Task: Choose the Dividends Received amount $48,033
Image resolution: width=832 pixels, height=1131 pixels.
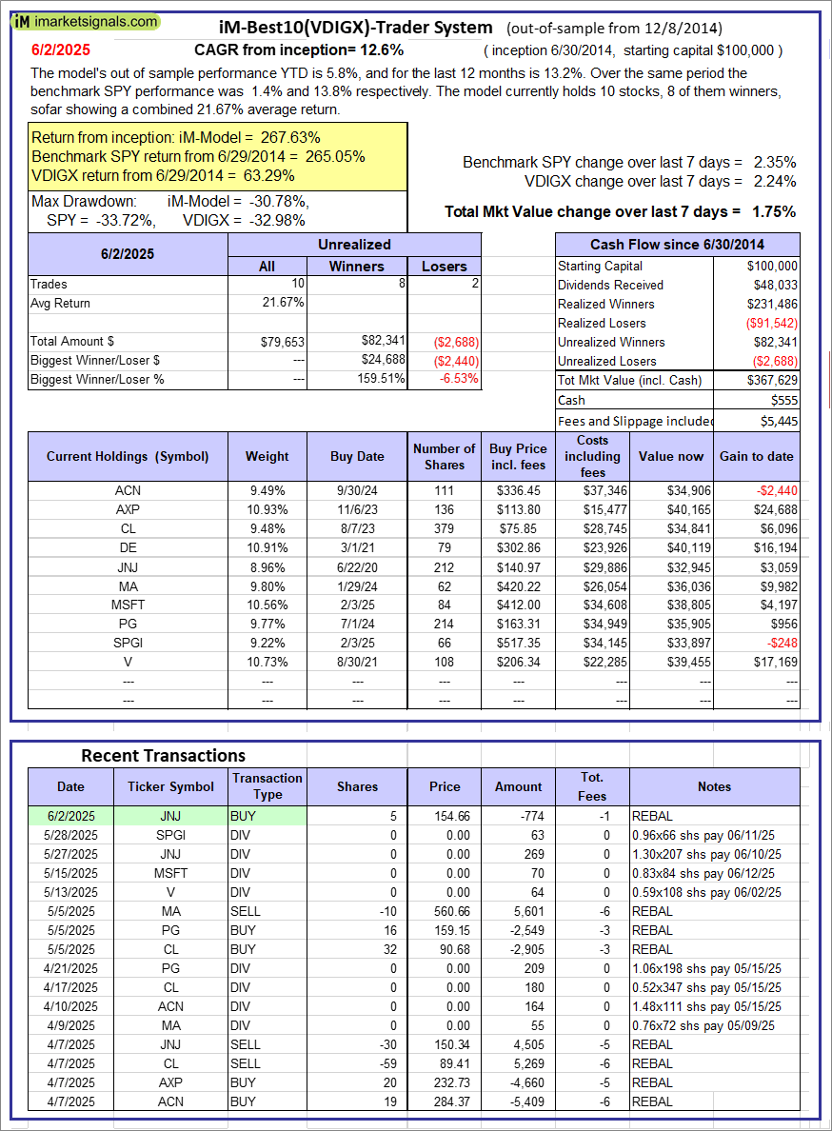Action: point(773,285)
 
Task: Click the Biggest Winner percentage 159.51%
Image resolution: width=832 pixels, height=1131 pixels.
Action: point(379,379)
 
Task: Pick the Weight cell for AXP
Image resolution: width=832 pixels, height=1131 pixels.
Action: point(267,509)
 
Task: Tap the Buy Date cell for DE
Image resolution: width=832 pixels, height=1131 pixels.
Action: point(357,547)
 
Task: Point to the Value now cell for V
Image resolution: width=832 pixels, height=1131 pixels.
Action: point(671,662)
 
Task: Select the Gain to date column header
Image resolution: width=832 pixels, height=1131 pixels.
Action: point(756,456)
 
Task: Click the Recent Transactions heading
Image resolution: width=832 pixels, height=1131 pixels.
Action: point(163,755)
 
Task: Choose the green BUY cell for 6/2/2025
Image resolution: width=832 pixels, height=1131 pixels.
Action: point(267,816)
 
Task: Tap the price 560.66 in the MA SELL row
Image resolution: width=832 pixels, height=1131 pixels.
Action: point(444,911)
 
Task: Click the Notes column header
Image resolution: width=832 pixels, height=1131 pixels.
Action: point(713,786)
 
